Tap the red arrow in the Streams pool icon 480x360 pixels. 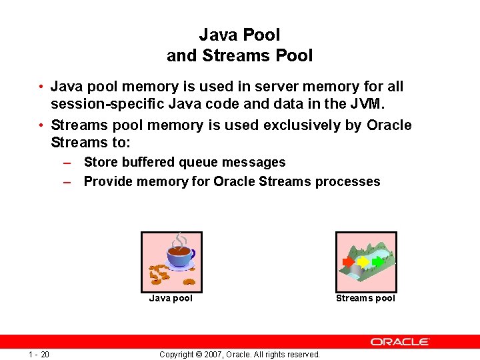[348, 262]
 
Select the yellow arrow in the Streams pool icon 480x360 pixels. [363, 262]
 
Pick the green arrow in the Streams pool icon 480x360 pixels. [378, 261]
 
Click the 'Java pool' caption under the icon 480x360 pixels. [171, 298]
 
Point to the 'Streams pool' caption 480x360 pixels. [365, 298]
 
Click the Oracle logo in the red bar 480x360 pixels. [400, 341]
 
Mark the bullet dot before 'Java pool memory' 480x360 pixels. [41, 87]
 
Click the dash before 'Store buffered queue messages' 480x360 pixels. [67, 163]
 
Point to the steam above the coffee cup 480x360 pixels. [180, 239]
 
